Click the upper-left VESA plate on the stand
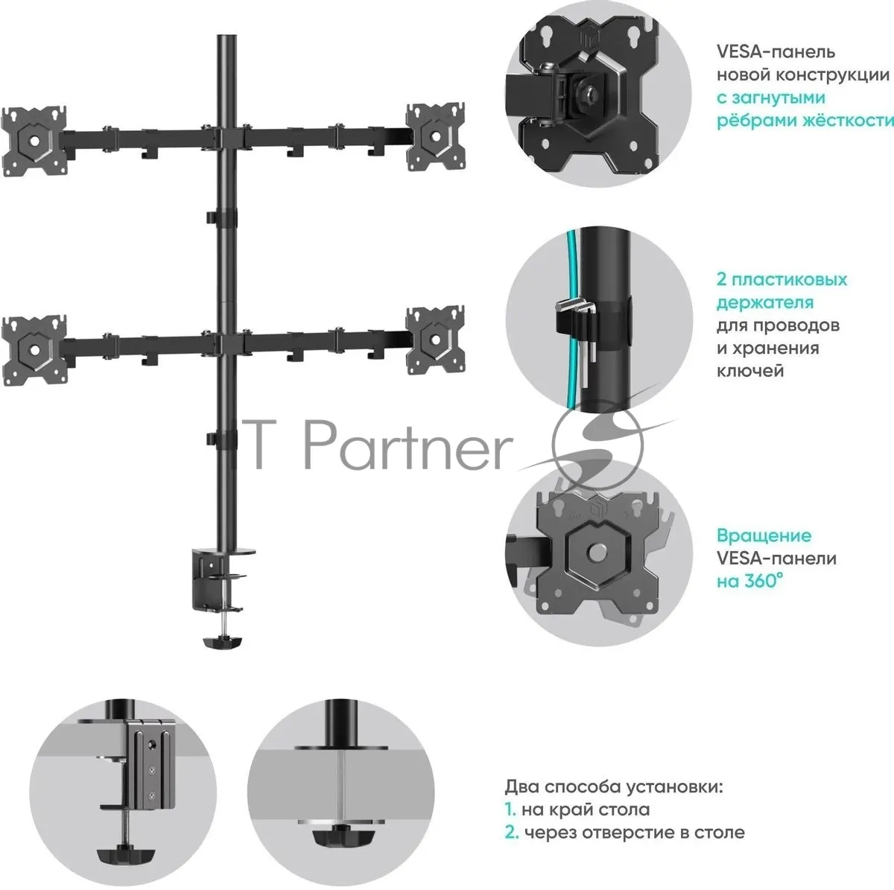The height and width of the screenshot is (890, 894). [x=34, y=141]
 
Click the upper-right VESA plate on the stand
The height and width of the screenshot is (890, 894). [x=435, y=137]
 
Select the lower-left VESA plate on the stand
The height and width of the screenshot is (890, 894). [x=34, y=350]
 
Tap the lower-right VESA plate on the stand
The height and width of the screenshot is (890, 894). [x=435, y=340]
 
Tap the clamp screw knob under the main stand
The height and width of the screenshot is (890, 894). [x=223, y=642]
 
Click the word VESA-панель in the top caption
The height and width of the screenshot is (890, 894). [x=776, y=51]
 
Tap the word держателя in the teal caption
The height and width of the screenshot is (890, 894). [x=765, y=302]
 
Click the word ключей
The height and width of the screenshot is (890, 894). [x=750, y=371]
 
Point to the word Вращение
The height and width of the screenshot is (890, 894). [x=764, y=535]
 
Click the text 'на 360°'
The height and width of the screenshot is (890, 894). [x=749, y=581]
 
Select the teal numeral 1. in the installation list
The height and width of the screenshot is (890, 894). [x=510, y=810]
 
